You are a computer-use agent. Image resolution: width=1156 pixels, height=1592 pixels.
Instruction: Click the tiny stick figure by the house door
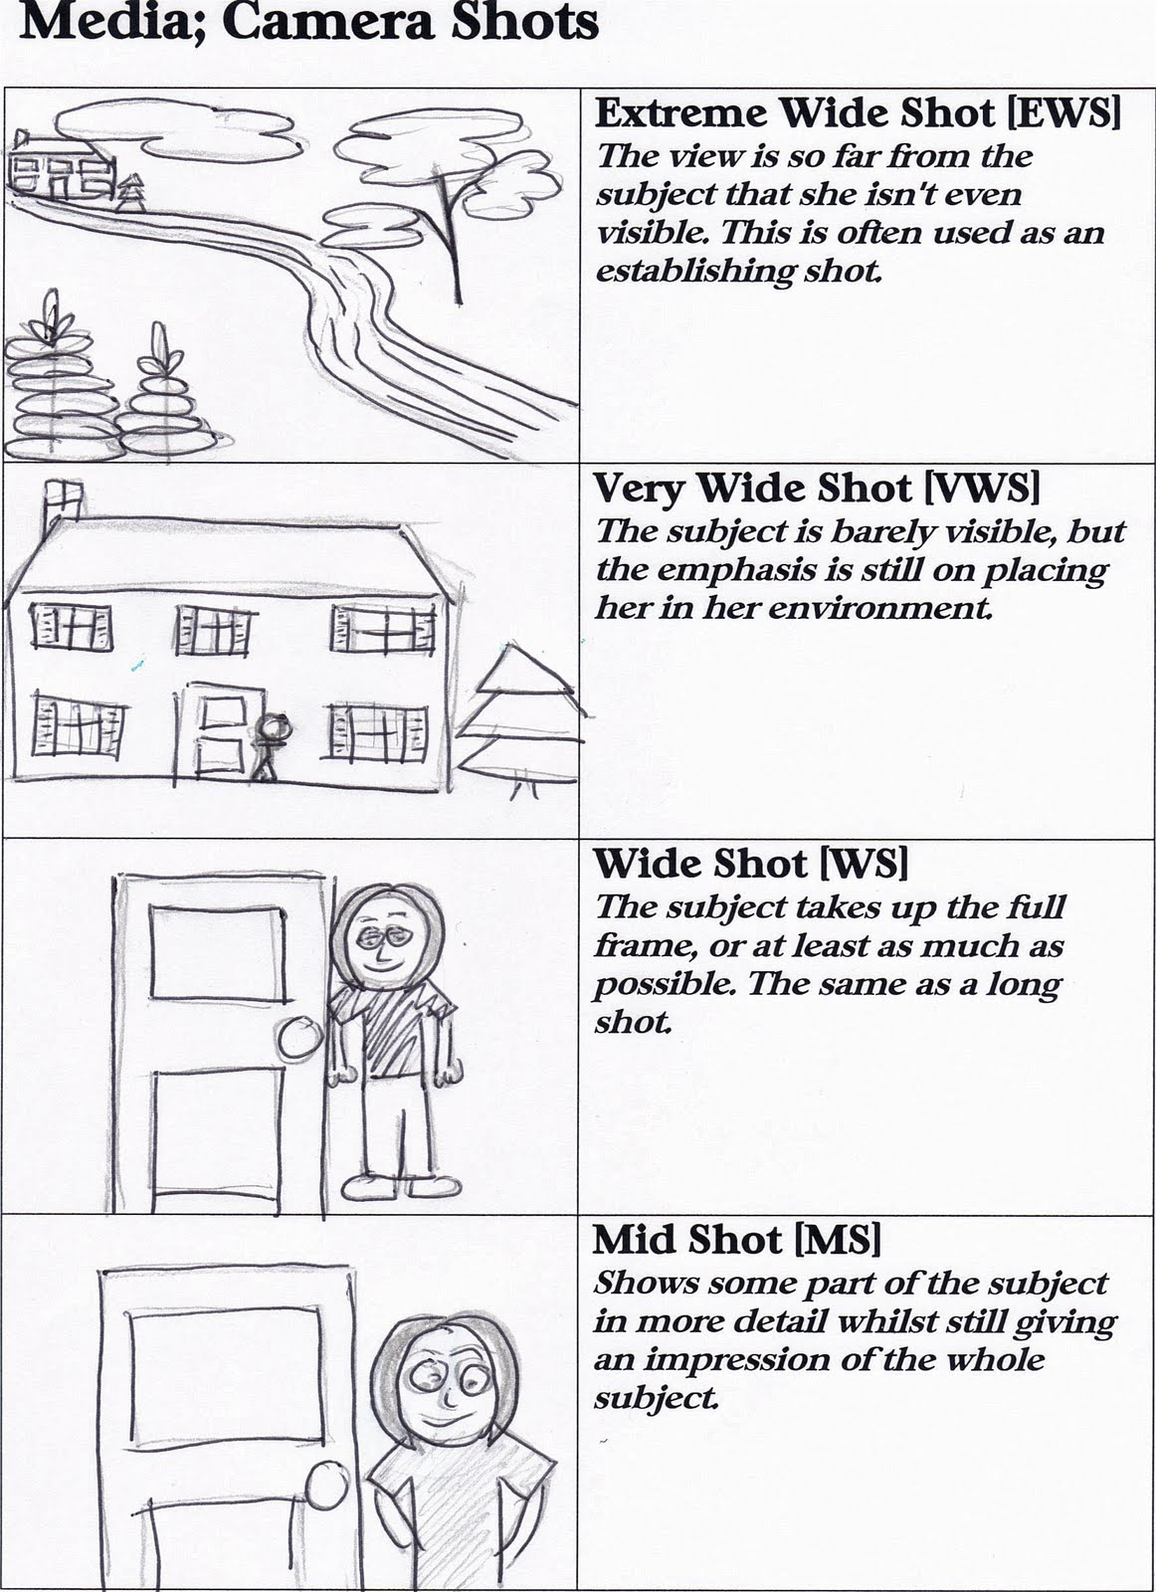click(270, 744)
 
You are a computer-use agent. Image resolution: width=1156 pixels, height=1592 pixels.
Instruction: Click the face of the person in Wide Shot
click(382, 940)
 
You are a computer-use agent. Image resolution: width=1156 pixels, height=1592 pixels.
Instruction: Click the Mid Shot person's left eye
click(421, 1378)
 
